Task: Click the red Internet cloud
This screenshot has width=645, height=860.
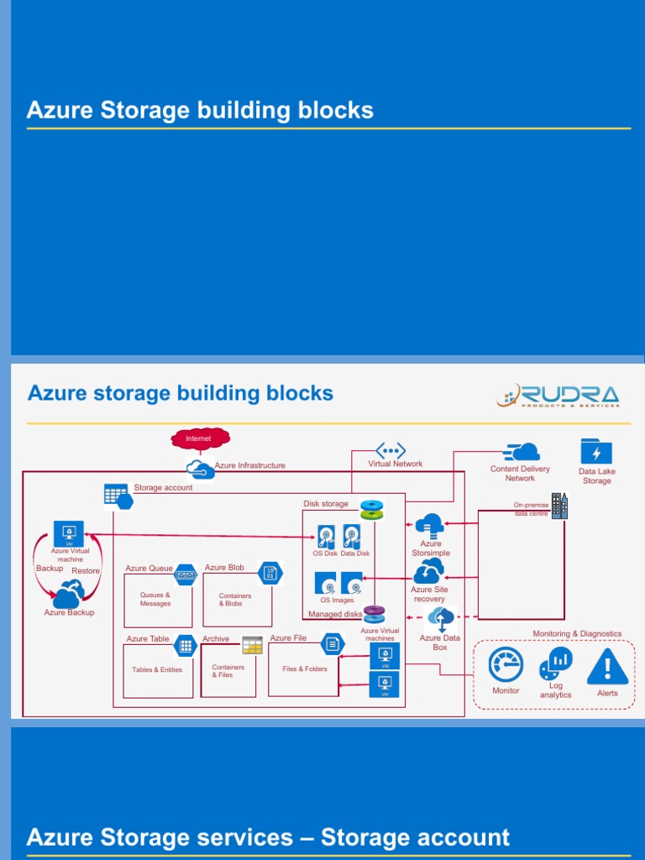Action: coord(200,438)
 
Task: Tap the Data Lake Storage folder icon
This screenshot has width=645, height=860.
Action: coord(596,452)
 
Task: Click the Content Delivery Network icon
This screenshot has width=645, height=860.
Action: coord(521,452)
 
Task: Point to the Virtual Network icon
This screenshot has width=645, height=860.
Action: coord(391,450)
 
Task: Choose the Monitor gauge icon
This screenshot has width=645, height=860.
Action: coord(506,665)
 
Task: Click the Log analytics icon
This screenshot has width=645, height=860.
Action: coord(556,663)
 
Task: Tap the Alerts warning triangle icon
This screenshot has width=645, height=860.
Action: coord(607,667)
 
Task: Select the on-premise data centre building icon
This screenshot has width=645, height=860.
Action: coord(559,506)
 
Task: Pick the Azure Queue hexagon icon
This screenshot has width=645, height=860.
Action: coord(185,574)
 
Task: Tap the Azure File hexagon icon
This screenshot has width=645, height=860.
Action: coord(333,644)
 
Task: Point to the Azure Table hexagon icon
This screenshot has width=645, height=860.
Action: coord(184,644)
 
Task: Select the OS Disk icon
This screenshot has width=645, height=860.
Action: coord(325,537)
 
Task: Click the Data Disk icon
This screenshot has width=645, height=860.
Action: coord(352,536)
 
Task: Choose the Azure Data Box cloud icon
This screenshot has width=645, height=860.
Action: coord(441,619)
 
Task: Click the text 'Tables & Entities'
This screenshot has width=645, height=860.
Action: coord(157,670)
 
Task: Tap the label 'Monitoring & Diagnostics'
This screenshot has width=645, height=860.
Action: coord(577,634)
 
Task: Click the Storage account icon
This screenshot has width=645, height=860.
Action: coord(118,496)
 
